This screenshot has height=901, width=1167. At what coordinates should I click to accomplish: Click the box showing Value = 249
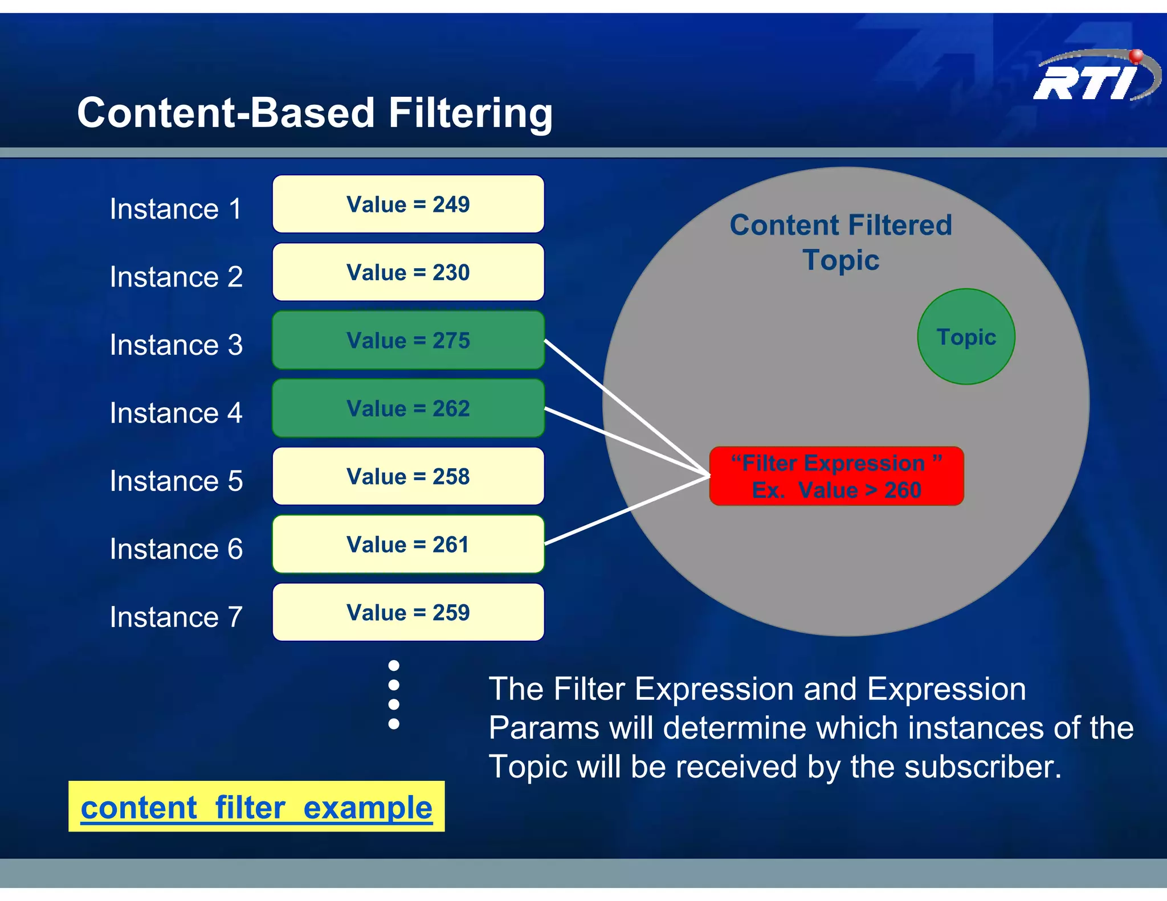pos(408,204)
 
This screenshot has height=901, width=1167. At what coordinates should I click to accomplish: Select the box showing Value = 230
pos(408,272)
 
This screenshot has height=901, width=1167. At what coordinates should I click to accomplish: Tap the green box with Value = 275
pos(408,340)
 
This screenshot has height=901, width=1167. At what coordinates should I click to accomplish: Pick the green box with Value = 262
pos(408,408)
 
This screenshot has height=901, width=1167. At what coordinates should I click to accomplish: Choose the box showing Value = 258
pos(408,476)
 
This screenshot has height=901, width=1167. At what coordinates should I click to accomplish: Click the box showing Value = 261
pos(408,544)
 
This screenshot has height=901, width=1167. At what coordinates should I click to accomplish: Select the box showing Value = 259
pos(408,612)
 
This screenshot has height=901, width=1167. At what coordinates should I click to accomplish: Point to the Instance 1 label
pos(176,208)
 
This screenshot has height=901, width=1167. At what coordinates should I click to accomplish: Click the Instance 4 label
pos(176,413)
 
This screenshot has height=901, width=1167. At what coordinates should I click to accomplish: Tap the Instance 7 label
pos(176,617)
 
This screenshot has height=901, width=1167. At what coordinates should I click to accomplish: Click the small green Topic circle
pos(966,337)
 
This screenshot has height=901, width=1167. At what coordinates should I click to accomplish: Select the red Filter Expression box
pos(836,476)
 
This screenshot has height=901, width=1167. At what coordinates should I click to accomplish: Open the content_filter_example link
pos(256,808)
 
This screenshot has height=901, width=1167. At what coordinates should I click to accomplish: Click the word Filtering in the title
pos(470,113)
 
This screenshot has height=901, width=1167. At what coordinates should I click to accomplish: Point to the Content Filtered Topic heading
pos(841,242)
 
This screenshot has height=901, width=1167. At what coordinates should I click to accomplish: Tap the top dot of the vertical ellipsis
pos(394,665)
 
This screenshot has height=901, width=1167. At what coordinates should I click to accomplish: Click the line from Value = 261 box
pos(627,510)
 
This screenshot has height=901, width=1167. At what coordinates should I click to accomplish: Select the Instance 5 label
pos(176,481)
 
